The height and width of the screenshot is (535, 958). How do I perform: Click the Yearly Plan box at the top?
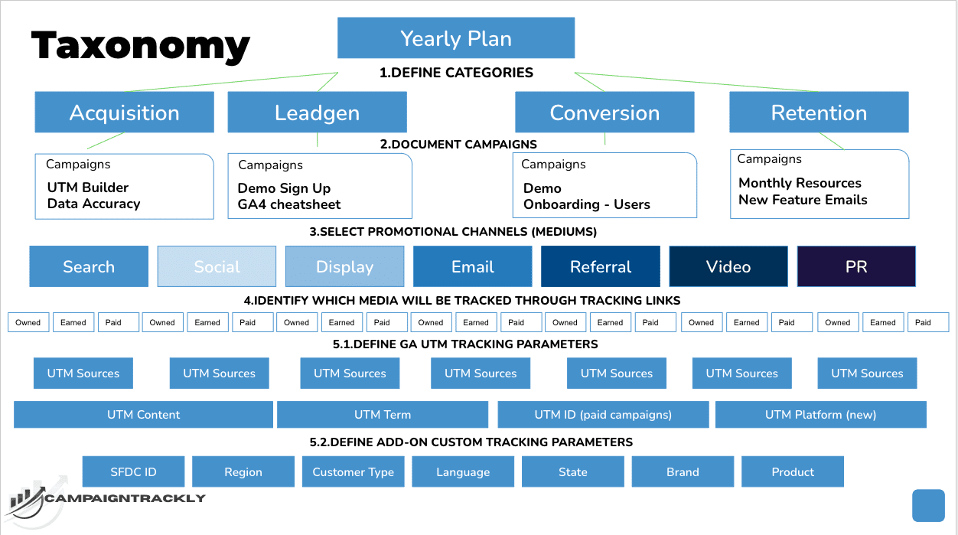[x=456, y=38]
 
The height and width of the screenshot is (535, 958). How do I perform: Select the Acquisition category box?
[x=124, y=113]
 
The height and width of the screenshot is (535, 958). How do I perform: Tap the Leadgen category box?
[x=317, y=113]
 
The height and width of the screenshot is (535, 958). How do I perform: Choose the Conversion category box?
[x=604, y=113]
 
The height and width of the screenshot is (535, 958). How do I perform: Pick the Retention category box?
[x=819, y=113]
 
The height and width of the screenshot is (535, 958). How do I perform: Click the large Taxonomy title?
[x=141, y=45]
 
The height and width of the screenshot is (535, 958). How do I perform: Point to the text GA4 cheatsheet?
[x=289, y=204]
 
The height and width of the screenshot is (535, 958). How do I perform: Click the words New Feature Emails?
[x=803, y=200]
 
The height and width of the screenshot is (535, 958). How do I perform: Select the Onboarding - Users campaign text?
[x=586, y=204]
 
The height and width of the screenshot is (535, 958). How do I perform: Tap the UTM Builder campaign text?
[x=88, y=188]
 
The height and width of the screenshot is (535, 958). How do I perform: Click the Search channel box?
[x=89, y=266]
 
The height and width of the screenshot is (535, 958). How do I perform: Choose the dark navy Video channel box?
[x=728, y=266]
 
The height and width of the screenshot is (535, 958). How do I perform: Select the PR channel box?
[x=856, y=266]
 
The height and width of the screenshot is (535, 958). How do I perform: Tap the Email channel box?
[x=472, y=266]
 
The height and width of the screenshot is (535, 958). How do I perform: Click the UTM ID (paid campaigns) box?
[x=603, y=415]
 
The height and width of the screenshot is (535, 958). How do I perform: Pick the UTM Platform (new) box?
[x=820, y=415]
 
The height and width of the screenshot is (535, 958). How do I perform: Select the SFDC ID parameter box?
[x=134, y=471]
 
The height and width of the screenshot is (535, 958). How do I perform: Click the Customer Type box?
[x=353, y=471]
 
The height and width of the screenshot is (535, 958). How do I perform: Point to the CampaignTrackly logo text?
[x=125, y=498]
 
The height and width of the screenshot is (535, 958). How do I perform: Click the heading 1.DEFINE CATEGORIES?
[x=456, y=73]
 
